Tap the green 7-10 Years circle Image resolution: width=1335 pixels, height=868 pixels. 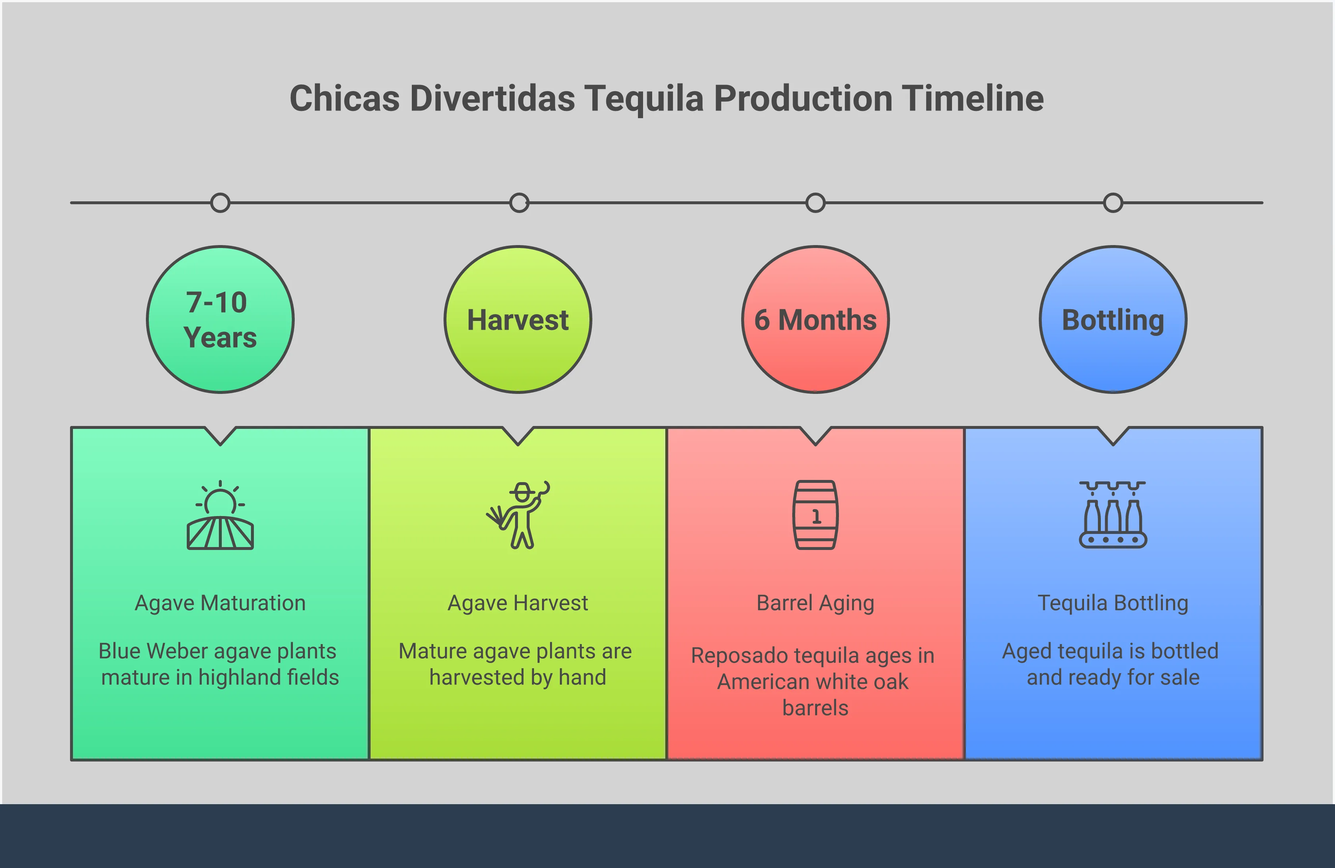pos(220,319)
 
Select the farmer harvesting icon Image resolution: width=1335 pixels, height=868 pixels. pos(519,515)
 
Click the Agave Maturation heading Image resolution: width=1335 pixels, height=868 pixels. pos(220,603)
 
